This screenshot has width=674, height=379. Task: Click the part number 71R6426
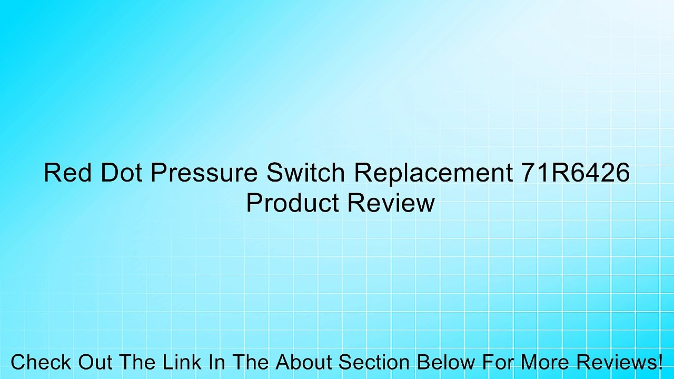point(576,173)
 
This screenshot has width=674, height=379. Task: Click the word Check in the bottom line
point(41,363)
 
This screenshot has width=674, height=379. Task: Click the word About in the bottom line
point(305,363)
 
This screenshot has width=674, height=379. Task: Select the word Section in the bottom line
point(374,363)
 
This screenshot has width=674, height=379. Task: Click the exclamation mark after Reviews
point(660,363)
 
